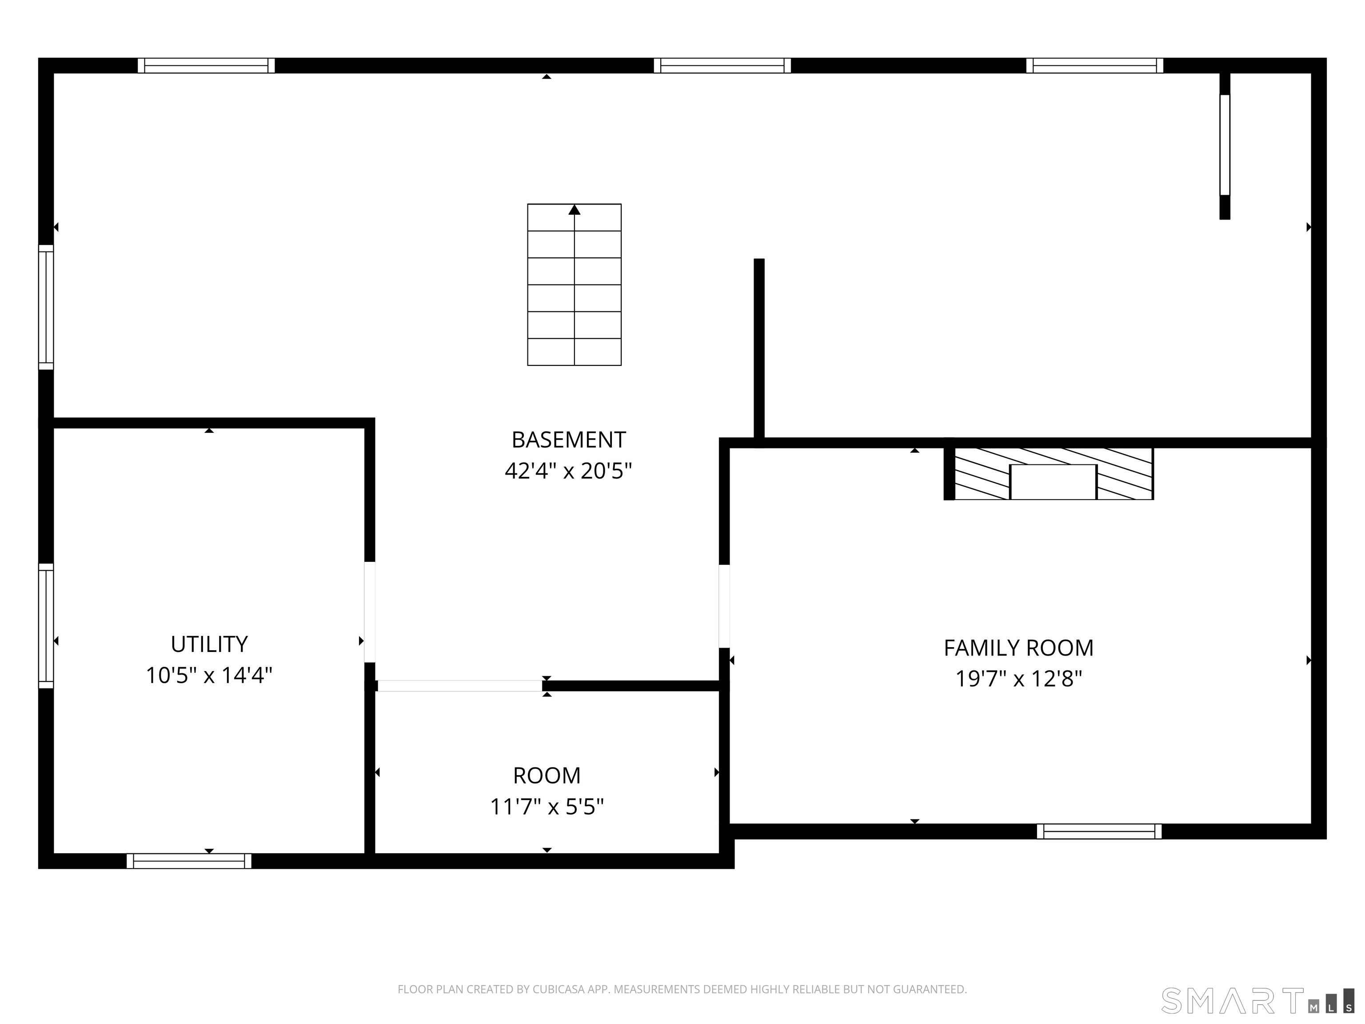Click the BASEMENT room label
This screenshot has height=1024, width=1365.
(568, 440)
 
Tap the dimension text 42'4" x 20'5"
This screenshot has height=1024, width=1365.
(568, 472)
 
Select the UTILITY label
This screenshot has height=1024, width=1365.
(209, 644)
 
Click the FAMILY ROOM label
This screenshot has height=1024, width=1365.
(1018, 648)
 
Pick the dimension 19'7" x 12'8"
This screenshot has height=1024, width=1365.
(1018, 680)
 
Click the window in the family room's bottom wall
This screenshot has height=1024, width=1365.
(1099, 832)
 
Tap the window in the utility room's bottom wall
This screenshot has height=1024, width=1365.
(189, 861)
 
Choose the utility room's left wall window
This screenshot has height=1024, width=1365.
(46, 625)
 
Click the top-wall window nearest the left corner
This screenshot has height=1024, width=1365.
(206, 65)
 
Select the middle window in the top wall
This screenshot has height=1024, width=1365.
(722, 65)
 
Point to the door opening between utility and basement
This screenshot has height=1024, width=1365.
(370, 612)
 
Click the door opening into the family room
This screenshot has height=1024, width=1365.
(724, 606)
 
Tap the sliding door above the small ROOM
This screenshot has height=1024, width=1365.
(460, 686)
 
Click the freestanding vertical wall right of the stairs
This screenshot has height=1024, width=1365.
(759, 349)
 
